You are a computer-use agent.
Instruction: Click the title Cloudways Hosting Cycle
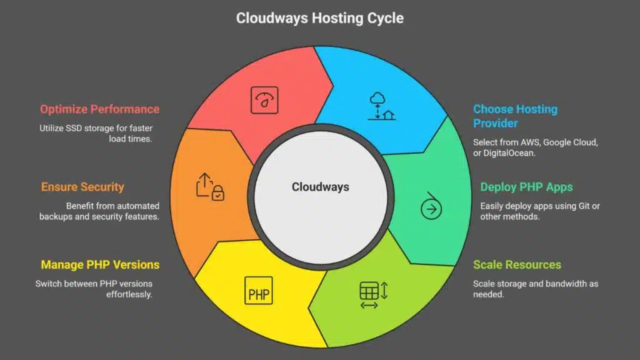click(319, 18)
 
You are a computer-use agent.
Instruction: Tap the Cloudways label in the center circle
click(320, 187)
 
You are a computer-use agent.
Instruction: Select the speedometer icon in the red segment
click(264, 100)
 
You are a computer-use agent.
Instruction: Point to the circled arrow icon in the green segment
click(431, 209)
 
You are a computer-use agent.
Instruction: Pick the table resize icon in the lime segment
click(374, 294)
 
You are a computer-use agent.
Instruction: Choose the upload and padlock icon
click(210, 187)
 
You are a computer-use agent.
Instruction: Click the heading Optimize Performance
click(99, 109)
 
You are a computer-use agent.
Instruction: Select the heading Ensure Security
click(82, 187)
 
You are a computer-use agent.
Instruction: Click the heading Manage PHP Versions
click(100, 264)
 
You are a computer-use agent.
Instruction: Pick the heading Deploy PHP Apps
click(526, 187)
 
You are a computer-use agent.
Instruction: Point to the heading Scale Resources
click(517, 264)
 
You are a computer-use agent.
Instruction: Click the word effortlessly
click(129, 294)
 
